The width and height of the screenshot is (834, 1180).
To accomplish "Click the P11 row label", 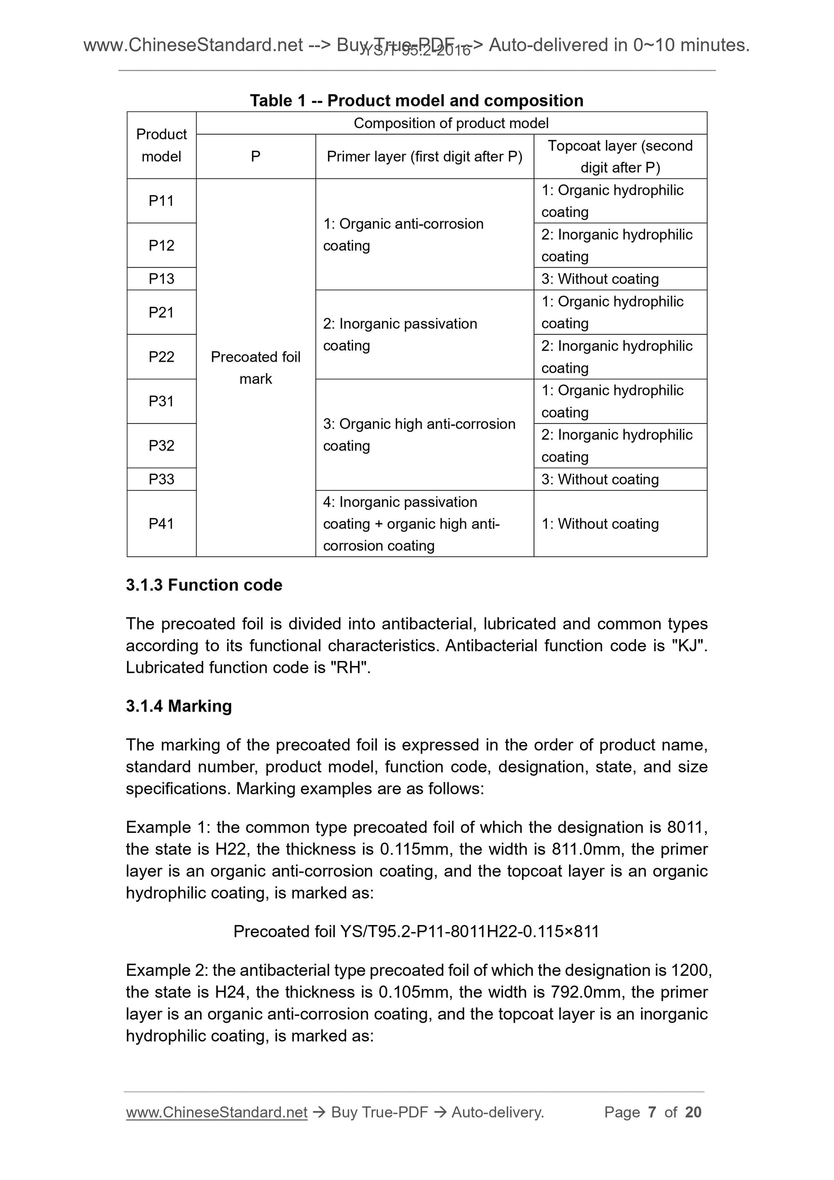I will pyautogui.click(x=161, y=201).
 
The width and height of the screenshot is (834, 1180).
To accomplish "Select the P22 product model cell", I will pyautogui.click(x=161, y=357).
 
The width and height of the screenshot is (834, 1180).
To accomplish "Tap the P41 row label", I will pyautogui.click(x=161, y=524).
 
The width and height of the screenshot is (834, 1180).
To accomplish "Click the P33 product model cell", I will pyautogui.click(x=161, y=479).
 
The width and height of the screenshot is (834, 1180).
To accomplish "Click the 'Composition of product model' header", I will pyautogui.click(x=451, y=123).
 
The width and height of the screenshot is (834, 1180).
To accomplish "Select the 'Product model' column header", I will pyautogui.click(x=161, y=145).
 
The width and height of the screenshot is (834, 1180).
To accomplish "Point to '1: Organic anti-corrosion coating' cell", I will pyautogui.click(x=403, y=234).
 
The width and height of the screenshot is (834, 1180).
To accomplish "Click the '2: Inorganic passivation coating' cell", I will pyautogui.click(x=400, y=335).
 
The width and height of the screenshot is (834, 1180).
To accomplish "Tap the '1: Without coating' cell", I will pyautogui.click(x=600, y=524).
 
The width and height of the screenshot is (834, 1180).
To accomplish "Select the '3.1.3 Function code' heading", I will pyautogui.click(x=204, y=585).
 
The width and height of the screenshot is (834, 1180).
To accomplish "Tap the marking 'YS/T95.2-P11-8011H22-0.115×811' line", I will pyautogui.click(x=416, y=931).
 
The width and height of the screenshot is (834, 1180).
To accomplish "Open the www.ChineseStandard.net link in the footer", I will pyautogui.click(x=216, y=1112).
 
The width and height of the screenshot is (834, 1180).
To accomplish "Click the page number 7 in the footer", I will pyautogui.click(x=651, y=1112).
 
